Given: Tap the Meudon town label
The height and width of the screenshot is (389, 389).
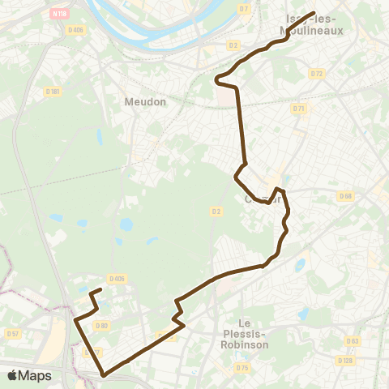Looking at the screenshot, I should point(146,102).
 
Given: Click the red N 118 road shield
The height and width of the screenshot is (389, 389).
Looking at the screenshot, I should point(59,13).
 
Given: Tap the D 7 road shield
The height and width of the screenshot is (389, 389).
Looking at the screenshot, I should point(244,9).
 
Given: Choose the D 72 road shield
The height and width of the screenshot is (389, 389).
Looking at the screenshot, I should point(317,73).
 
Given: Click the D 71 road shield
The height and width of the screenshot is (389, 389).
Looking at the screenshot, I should point(299,109).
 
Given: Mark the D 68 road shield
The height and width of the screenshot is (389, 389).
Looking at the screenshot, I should point(346,195).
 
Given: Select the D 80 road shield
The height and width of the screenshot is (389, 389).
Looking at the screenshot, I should point(101,326).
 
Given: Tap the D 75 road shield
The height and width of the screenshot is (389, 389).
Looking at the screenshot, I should point(242,367).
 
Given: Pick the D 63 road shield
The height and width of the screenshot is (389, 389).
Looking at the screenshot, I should point(352,341).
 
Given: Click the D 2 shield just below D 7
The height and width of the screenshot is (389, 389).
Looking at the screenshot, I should point(233,45).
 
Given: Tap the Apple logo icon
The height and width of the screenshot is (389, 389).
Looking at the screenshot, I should point(11,375).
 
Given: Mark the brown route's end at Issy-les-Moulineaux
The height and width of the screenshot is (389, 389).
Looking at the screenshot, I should point(313,13).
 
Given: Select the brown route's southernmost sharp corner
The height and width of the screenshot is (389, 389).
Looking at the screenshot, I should point(103,375).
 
